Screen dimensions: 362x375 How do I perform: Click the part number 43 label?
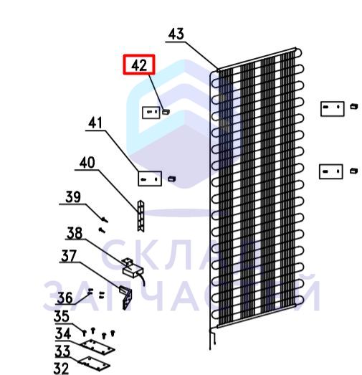tap(176, 34)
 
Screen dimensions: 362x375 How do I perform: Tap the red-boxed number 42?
tap(139, 65)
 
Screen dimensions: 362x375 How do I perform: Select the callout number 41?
tap(95, 123)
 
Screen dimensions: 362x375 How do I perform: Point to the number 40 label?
tap(87, 163)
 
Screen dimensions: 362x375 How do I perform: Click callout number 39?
tap(73, 197)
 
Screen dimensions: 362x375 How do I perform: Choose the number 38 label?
tap(75, 233)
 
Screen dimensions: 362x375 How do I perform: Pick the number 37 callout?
tap(69, 256)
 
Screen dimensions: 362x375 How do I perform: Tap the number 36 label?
tap(65, 298)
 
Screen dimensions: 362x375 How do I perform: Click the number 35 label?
tap(62, 316)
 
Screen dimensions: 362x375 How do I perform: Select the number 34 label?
tap(63, 333)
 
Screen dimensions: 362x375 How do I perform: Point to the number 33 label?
tap(62, 351)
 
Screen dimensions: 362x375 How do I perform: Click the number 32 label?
tap(61, 369)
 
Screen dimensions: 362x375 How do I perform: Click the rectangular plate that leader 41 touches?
tap(150, 179)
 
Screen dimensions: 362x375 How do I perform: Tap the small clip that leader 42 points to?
tap(166, 111)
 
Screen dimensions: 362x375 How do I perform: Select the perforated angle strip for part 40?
tap(140, 216)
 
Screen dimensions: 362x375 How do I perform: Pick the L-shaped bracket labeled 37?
tap(126, 298)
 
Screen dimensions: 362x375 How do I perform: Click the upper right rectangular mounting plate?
tap(332, 109)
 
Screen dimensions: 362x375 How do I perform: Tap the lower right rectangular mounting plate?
tap(331, 171)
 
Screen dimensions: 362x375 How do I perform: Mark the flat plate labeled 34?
tap(97, 347)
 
